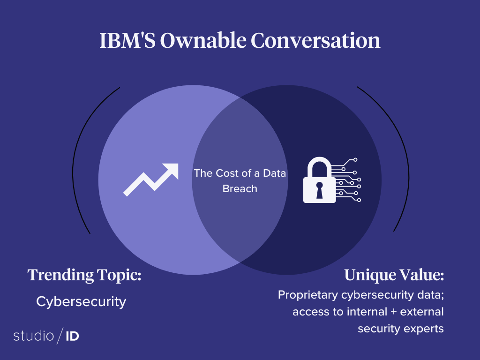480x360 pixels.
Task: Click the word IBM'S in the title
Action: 127,40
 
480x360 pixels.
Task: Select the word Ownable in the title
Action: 203,40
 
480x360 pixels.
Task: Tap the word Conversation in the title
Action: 315,40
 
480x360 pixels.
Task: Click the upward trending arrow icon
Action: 151,180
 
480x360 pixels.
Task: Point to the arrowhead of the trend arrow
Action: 172,170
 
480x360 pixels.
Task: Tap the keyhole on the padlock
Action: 319,190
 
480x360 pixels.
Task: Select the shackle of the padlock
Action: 319,167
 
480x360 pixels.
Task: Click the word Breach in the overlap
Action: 240,188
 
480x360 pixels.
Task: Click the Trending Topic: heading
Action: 84,275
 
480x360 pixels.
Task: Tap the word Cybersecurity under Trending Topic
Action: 81,302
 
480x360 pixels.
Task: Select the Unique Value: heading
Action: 394,275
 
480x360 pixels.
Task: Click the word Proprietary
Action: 308,295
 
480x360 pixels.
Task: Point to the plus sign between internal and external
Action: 394,312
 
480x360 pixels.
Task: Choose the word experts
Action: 424,329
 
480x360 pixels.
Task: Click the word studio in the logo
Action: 34,336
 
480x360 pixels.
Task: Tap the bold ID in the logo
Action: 72,336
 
